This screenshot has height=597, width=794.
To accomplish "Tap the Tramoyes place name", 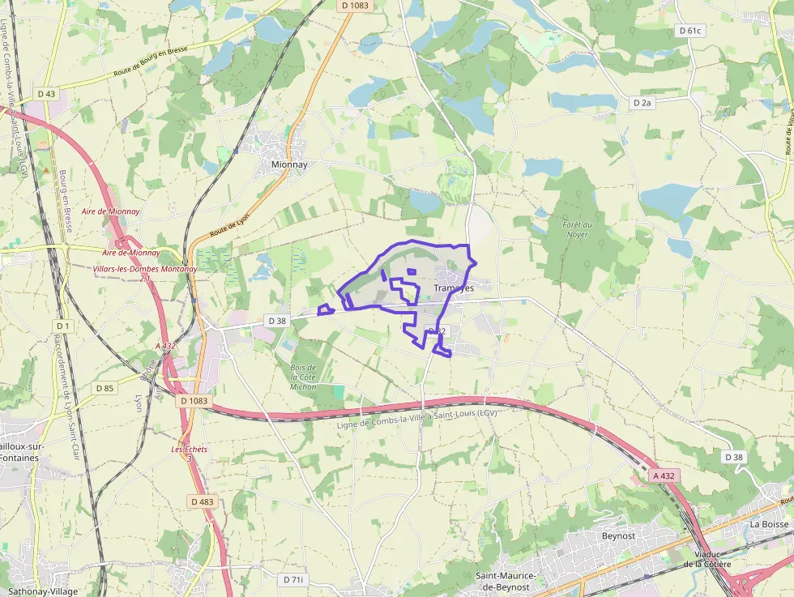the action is (453, 288).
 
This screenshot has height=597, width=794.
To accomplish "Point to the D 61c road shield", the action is (689, 31).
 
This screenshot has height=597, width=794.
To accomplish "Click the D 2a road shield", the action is (642, 103).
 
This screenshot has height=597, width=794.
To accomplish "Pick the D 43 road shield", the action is (47, 94).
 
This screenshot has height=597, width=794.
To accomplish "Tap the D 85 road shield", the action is (105, 388).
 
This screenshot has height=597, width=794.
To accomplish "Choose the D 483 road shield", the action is (203, 501).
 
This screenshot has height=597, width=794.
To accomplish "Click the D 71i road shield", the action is (293, 579).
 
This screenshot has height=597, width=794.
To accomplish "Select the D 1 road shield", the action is (64, 326).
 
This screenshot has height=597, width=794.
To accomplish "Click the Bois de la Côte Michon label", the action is (303, 377).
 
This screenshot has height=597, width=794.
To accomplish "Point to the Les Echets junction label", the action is (190, 454).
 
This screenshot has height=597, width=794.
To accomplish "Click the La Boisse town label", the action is (769, 524).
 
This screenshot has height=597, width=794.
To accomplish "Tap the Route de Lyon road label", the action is (230, 220).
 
